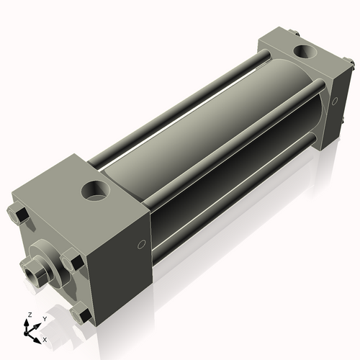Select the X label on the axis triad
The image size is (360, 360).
click(45, 338)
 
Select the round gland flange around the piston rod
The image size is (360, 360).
click(45, 260)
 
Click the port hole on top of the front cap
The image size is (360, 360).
click(96, 191)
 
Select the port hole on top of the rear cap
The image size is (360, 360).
click(305, 52)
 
